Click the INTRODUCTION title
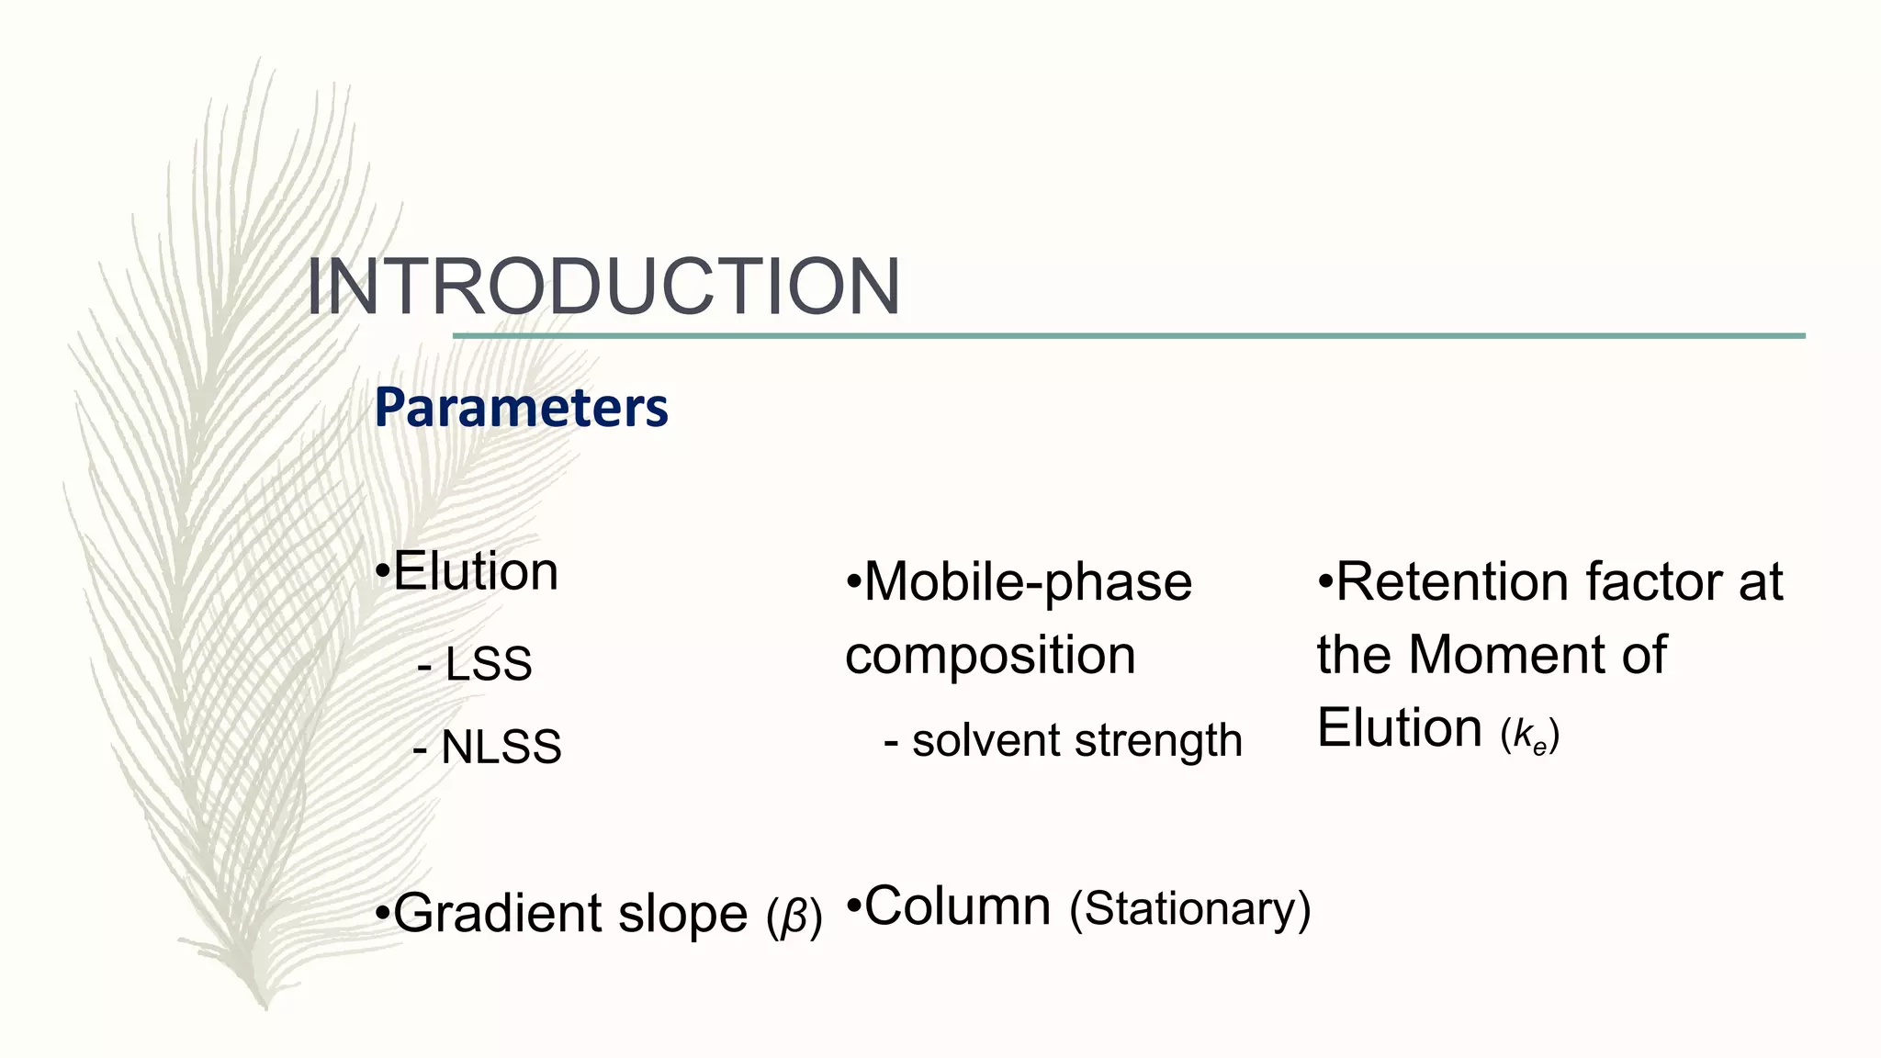coord(603,287)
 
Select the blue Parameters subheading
coord(521,408)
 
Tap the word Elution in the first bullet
coord(475,571)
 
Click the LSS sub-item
coord(488,664)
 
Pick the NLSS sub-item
coord(501,747)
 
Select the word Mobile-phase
coord(1028,582)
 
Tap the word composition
coord(990,656)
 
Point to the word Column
coord(957,906)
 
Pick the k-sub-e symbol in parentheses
coord(1530,736)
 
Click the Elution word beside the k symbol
coord(1399,728)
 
